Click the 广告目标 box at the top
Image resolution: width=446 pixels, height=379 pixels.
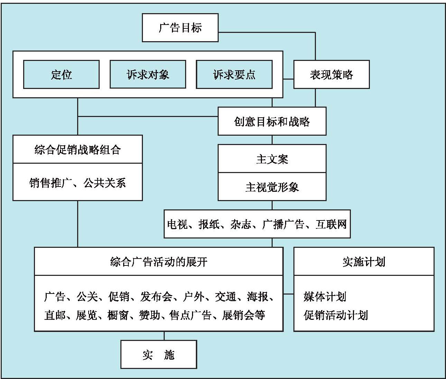coord(180,28)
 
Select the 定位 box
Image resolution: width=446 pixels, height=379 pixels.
coord(61,74)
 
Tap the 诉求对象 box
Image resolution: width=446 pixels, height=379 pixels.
coord(148,74)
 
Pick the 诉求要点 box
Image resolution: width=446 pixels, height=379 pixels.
coord(234,74)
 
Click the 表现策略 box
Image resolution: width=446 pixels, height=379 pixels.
coord(331,74)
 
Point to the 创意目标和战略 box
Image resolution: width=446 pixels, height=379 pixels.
coord(272,121)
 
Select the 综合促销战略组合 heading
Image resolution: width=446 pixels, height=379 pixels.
coord(78,150)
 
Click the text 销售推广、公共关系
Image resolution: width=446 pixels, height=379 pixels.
coord(78,182)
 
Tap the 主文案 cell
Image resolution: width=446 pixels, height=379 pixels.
coord(272,159)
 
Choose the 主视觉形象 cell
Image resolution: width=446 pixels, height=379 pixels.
coord(272,187)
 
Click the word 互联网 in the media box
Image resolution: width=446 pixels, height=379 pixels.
coord(331,224)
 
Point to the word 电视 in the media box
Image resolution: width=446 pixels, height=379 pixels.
coord(178,224)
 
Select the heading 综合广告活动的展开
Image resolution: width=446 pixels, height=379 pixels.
coord(158,262)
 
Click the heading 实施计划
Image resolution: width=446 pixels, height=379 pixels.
coord(364,262)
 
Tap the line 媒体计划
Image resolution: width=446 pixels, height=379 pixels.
coord(325,297)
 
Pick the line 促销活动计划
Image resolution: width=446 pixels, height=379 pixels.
coord(336,315)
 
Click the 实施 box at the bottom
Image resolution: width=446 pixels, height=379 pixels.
coord(158,355)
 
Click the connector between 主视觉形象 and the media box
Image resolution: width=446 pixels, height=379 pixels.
coord(272,205)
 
